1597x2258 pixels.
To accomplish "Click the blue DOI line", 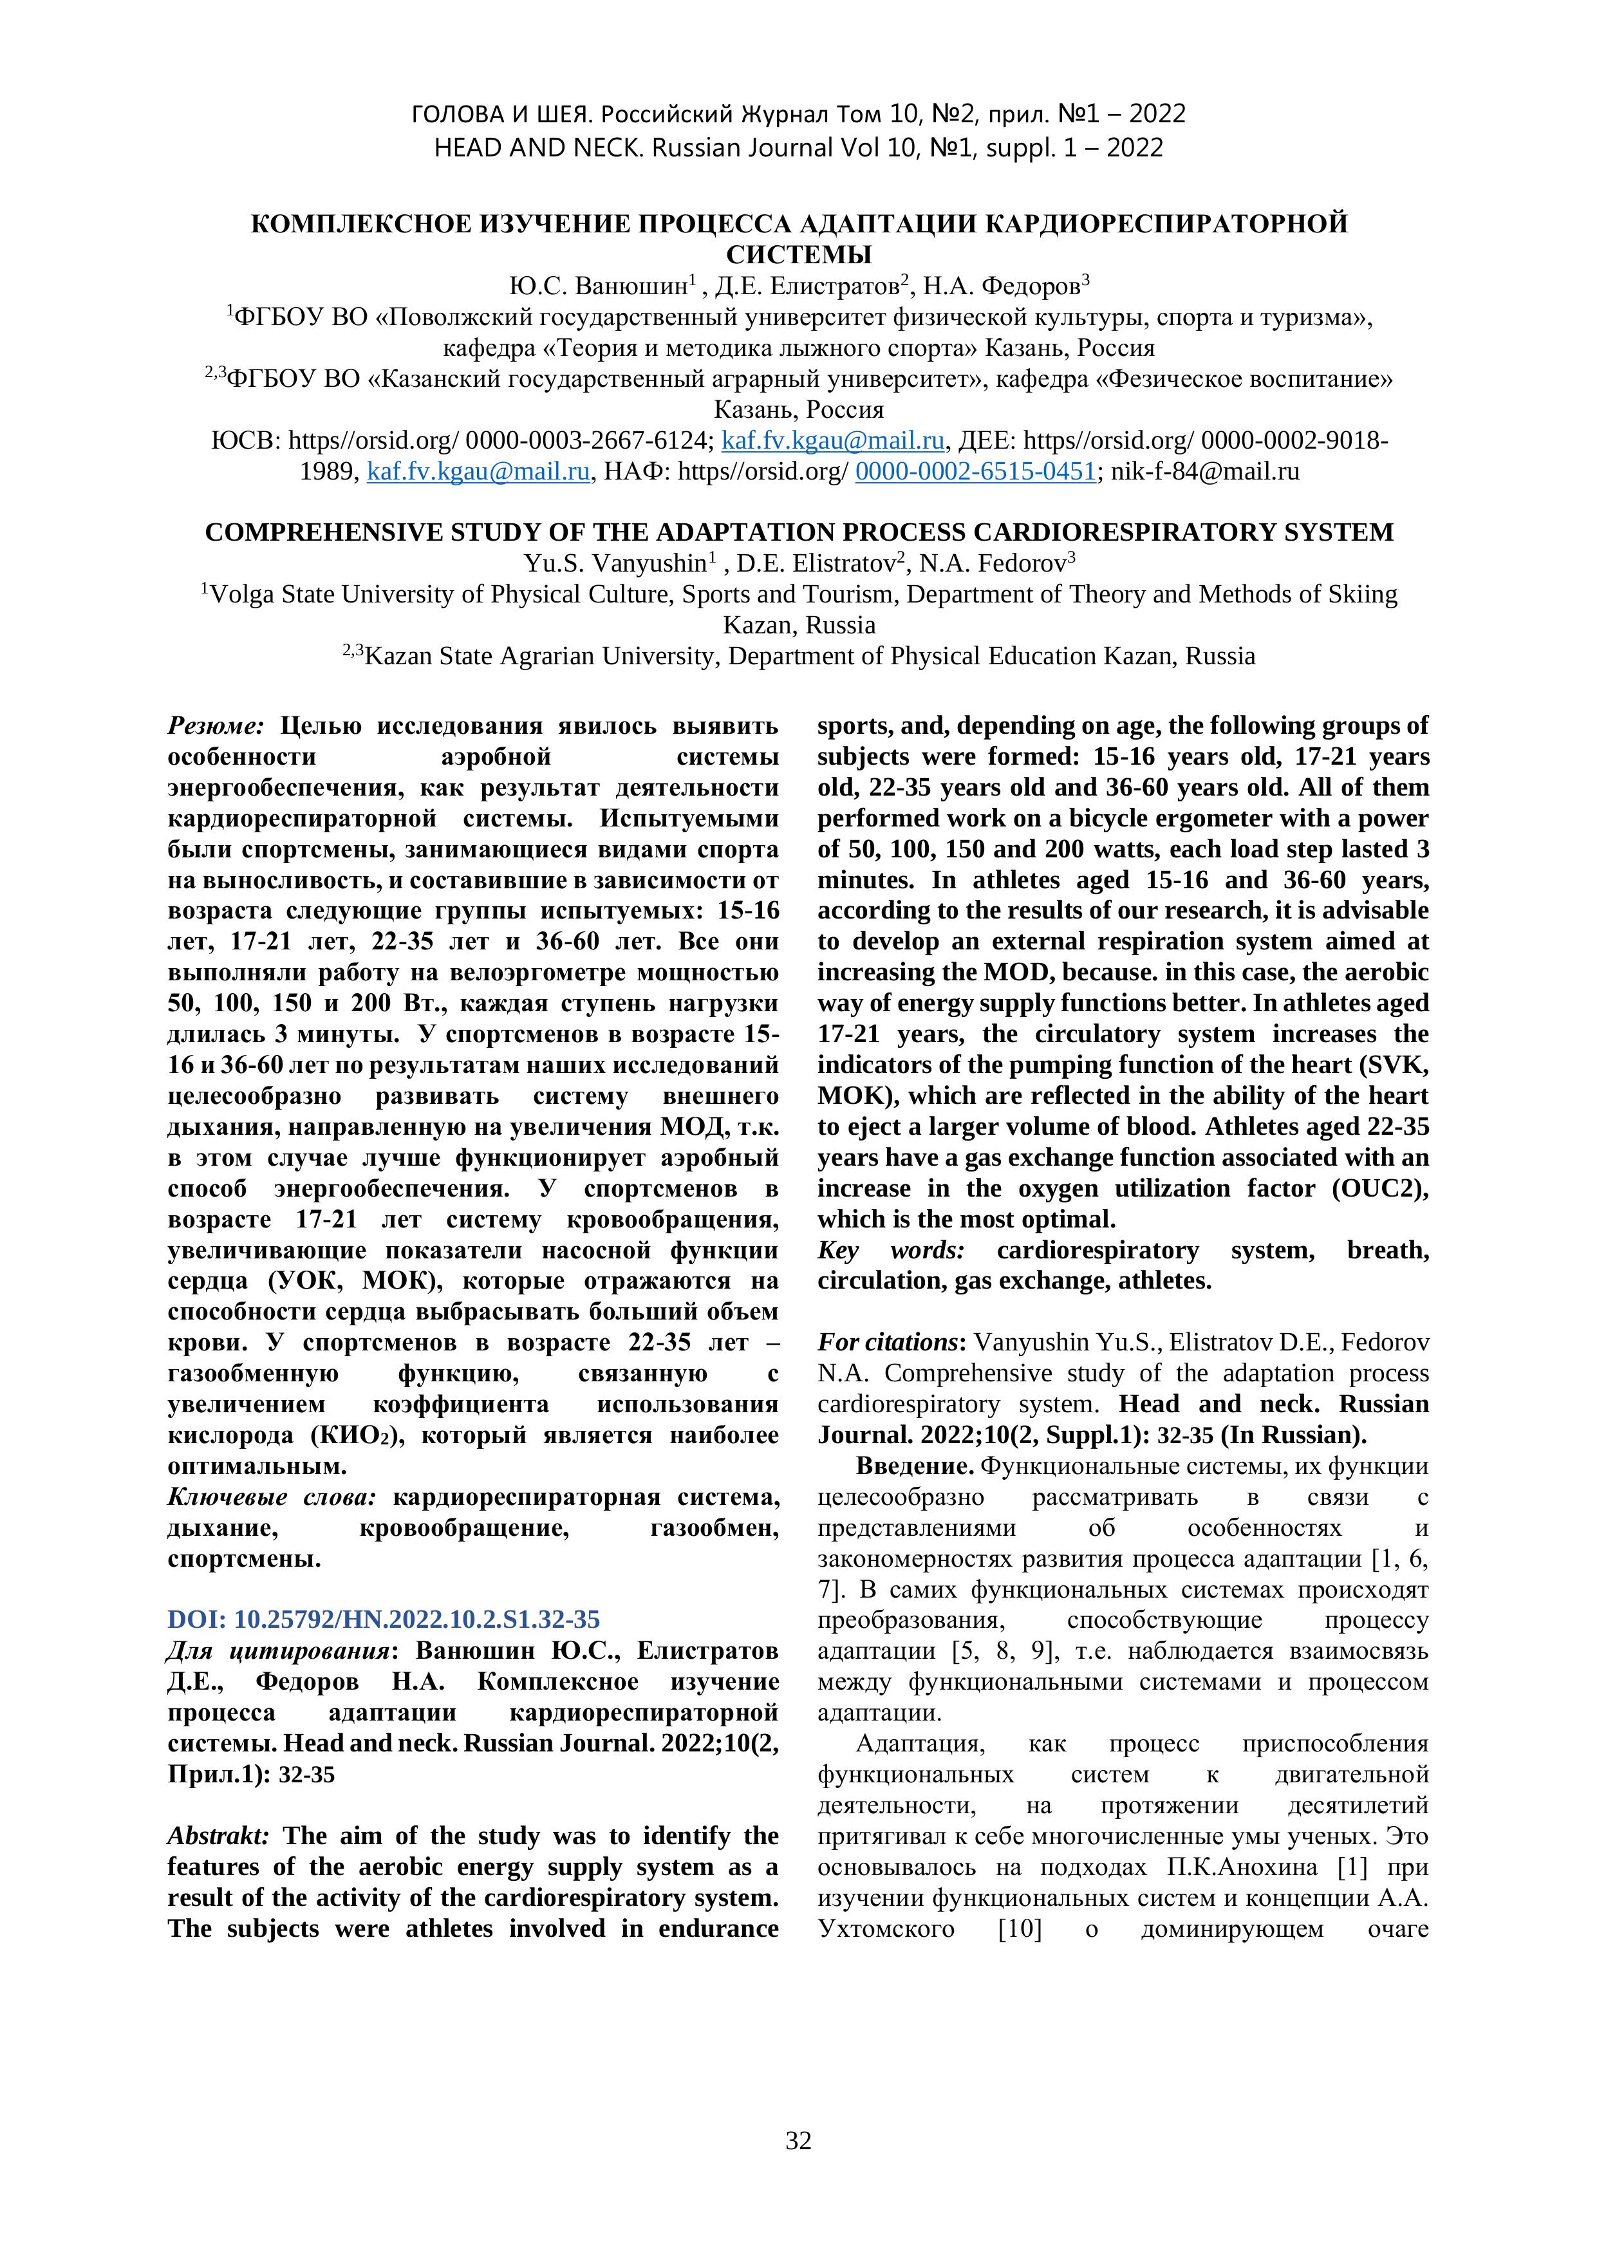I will [384, 1619].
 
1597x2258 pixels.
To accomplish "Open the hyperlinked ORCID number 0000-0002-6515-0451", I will [975, 471].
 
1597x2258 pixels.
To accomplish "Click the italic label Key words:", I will [891, 1250].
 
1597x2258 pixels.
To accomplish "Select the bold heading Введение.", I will [915, 1466].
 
